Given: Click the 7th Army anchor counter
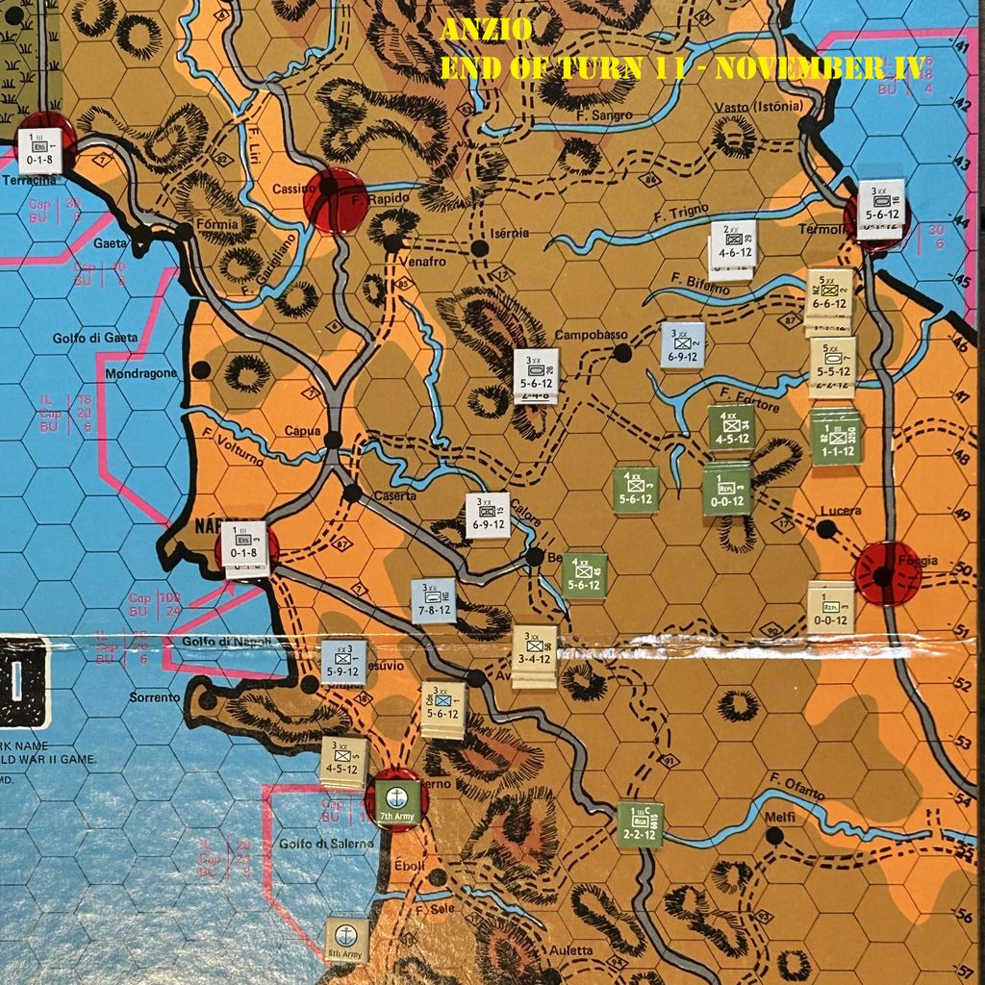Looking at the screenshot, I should coord(395,799).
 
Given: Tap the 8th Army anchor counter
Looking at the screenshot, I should coord(346,939).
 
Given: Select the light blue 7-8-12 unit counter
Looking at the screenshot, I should coord(433,600).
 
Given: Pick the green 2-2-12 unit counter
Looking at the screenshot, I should coord(640,824).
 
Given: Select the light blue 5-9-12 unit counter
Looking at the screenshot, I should coord(343,662).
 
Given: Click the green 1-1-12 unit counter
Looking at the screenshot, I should coord(834,438).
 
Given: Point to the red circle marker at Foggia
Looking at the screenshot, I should coord(887,574).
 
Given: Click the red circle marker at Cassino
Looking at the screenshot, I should coord(335,201).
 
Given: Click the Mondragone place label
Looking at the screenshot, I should coord(141,373).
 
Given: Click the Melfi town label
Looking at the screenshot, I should coord(778,817).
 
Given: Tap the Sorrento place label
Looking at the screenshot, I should coord(155,697).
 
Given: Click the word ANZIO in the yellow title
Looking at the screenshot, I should coord(486,32).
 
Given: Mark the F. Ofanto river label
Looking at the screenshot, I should coord(796,784).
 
